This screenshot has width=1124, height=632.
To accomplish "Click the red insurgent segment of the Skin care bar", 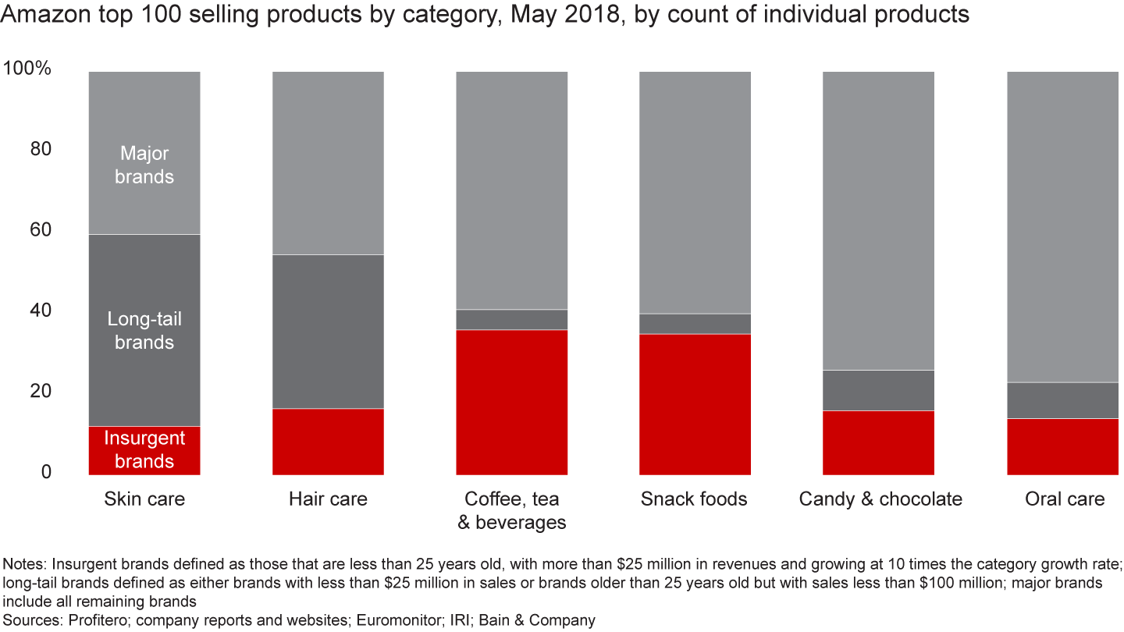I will coord(144,450).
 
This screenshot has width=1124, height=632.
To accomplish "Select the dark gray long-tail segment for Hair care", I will coord(328,332).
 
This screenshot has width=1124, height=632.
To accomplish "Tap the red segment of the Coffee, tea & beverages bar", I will coord(511,402).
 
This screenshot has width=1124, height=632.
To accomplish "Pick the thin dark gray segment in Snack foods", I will coord(695,324).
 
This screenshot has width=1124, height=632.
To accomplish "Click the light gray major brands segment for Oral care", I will coord(1062,226).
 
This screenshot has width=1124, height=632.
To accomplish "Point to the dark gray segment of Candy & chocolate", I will coord(878,390).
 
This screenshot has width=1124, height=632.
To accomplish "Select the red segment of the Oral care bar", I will coord(1062,446).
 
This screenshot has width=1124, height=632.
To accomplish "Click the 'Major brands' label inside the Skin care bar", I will coord(144,165).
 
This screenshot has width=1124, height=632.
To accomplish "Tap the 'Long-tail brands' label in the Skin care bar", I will coord(144,331).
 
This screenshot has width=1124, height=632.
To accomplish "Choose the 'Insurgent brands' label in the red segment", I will coord(144,449).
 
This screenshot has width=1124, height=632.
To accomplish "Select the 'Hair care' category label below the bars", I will coord(328,499).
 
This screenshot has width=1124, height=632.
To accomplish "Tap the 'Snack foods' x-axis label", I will coord(694,499).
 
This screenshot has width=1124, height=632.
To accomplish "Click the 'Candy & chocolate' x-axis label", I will coord(880,499).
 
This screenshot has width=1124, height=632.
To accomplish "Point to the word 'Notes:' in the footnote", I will coord(25,564).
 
